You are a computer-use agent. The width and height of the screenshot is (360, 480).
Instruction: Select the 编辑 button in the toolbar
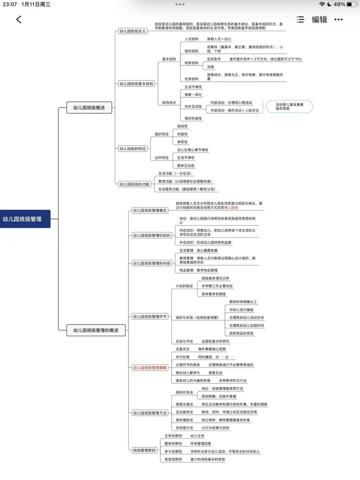319,19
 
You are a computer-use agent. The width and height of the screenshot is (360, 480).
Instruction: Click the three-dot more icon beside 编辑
338,19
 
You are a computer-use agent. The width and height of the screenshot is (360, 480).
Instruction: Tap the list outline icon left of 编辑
300,19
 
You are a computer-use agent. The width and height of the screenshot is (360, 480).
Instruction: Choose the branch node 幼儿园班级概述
89,108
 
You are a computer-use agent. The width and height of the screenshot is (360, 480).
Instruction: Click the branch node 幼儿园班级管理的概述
96,330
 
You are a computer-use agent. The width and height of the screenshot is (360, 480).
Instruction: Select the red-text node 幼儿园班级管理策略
150,368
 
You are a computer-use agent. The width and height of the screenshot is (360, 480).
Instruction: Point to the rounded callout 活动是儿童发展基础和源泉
289,106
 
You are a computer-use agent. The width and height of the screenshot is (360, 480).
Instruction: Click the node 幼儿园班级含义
132,31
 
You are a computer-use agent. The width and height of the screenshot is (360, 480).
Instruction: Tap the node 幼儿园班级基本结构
136,84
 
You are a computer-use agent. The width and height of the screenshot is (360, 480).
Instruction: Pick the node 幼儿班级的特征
132,149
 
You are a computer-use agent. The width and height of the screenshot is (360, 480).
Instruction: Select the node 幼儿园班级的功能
134,184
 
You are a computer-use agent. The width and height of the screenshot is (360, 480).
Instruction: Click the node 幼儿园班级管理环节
150,316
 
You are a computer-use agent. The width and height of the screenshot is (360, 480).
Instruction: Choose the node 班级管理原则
144,450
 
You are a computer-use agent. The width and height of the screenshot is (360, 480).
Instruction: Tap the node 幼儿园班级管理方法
150,413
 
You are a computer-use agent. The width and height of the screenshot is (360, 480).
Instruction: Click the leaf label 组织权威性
193,118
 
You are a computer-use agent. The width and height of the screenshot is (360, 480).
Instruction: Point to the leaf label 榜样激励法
184,420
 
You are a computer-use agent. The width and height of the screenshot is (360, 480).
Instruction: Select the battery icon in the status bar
351,4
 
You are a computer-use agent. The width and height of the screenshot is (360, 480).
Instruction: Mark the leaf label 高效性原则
173,459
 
